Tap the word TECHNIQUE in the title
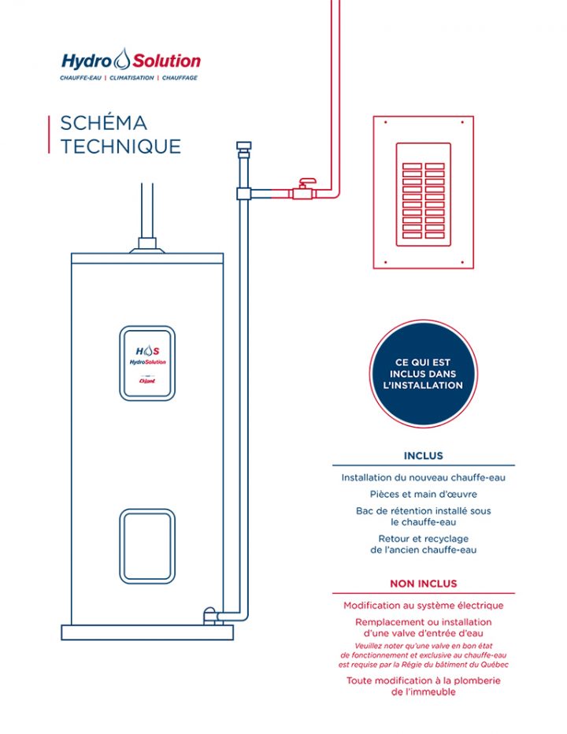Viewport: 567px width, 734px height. pyautogui.click(x=120, y=146)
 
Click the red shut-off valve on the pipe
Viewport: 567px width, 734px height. pyautogui.click(x=302, y=191)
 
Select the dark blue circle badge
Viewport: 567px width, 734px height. pyautogui.click(x=423, y=374)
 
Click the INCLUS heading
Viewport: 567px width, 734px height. pyautogui.click(x=423, y=456)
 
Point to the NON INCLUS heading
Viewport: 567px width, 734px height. pyautogui.click(x=423, y=584)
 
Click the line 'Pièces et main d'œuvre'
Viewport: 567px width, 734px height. pyautogui.click(x=423, y=494)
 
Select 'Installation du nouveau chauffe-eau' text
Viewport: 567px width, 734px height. pyautogui.click(x=423, y=477)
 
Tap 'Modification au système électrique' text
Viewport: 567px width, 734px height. pyautogui.click(x=423, y=606)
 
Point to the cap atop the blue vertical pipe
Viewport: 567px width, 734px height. pyautogui.click(x=243, y=146)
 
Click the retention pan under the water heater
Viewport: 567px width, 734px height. pyautogui.click(x=147, y=632)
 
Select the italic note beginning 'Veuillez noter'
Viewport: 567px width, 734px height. pyautogui.click(x=423, y=654)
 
